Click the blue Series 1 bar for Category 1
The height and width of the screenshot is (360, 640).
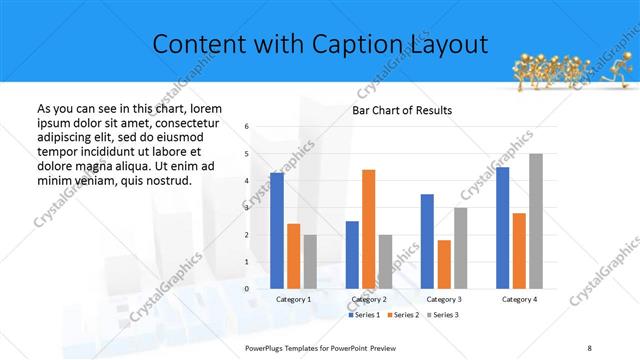click(x=277, y=231)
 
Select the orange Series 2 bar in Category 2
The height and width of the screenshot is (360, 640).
click(x=369, y=229)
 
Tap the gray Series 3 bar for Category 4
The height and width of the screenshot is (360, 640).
click(x=536, y=221)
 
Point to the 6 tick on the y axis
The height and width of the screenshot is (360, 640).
click(x=246, y=127)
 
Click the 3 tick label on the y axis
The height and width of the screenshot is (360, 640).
click(x=246, y=208)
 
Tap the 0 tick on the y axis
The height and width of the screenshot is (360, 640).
click(x=246, y=289)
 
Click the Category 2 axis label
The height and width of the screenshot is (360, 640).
click(x=369, y=299)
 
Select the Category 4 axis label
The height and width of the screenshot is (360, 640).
click(x=519, y=299)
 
